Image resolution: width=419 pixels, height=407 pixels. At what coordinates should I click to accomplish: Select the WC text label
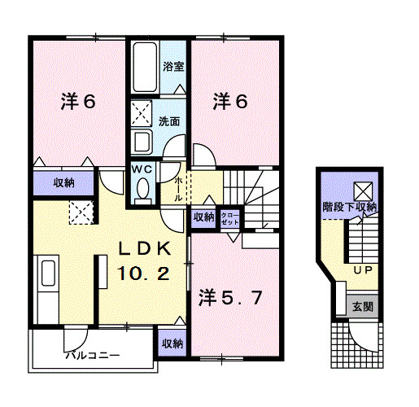click(142, 168)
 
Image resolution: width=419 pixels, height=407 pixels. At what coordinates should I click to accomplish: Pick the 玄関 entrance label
click(361, 307)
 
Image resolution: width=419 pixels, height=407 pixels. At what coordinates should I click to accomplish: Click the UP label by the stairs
click(361, 269)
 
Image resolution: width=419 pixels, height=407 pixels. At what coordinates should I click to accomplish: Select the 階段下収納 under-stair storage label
click(349, 207)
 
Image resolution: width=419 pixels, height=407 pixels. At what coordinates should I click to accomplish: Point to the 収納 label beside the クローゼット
click(203, 217)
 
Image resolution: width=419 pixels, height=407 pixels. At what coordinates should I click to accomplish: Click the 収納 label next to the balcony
click(172, 343)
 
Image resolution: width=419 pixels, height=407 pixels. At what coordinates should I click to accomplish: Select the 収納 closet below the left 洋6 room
click(64, 182)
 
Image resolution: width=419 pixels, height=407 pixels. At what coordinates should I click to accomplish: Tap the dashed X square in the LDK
click(81, 214)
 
